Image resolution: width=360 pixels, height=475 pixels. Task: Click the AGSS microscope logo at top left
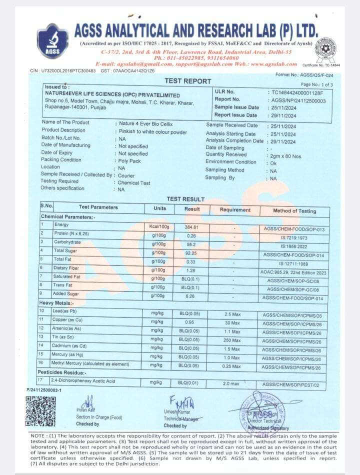point(52,40)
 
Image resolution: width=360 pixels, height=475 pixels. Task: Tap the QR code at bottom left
point(40,411)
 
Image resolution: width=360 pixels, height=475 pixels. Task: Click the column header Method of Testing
point(294,211)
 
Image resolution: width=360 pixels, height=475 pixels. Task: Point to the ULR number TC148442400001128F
point(297,92)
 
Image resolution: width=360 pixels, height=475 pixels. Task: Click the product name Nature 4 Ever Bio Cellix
point(144,122)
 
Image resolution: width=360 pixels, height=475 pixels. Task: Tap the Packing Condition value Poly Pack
point(129,161)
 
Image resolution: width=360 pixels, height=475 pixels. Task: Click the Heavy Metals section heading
point(56,303)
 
